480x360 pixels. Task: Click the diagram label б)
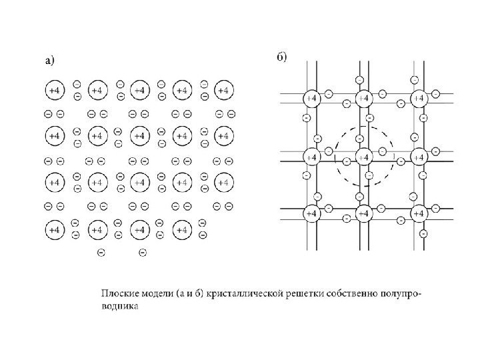coord(282,57)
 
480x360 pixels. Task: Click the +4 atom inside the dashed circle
coord(364,157)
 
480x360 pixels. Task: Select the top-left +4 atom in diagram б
coord(311,98)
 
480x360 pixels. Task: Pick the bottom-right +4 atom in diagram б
coord(418,213)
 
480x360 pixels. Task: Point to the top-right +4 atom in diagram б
coord(418,98)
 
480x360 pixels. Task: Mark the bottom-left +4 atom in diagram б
coord(311,213)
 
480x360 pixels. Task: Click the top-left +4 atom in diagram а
coord(55,89)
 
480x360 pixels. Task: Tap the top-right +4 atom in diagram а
coord(223,89)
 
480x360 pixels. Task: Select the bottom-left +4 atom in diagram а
coord(55,230)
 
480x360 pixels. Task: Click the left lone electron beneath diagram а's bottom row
coord(101,252)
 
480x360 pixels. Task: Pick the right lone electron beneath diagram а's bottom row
coord(143,252)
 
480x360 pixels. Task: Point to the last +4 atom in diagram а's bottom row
coord(181,230)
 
